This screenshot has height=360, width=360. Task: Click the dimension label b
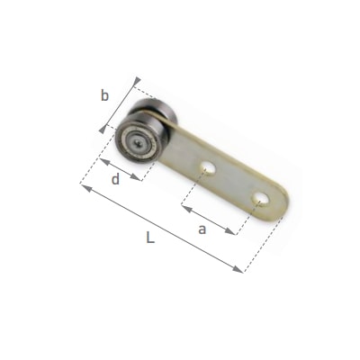point(104,96)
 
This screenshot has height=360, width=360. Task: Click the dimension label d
point(115,179)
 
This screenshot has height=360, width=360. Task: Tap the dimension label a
point(202,229)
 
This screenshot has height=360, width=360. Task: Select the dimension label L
point(150,238)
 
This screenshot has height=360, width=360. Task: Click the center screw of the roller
point(137,142)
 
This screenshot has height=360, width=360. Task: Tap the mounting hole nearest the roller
point(208,168)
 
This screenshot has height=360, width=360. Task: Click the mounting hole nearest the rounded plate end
point(260,200)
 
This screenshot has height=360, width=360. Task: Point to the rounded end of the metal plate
point(282,204)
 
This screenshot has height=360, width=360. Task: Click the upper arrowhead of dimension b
point(137,81)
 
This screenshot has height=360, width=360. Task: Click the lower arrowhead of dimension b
point(103,130)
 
